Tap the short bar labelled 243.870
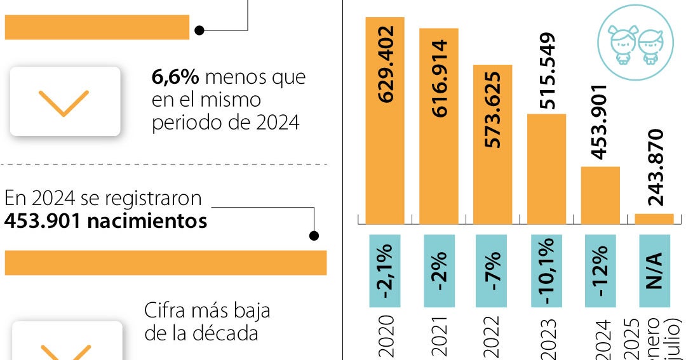pos(654,218)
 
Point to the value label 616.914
pos(439,78)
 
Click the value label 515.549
pos(546,71)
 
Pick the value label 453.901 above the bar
pos(600,121)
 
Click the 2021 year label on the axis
pos(439,337)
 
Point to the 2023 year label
pos(546,337)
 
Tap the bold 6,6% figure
pos(175,77)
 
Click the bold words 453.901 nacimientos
pos(105,222)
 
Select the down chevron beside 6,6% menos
pos(64,102)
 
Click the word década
pos(227,333)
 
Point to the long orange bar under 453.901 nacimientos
pos(165,263)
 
